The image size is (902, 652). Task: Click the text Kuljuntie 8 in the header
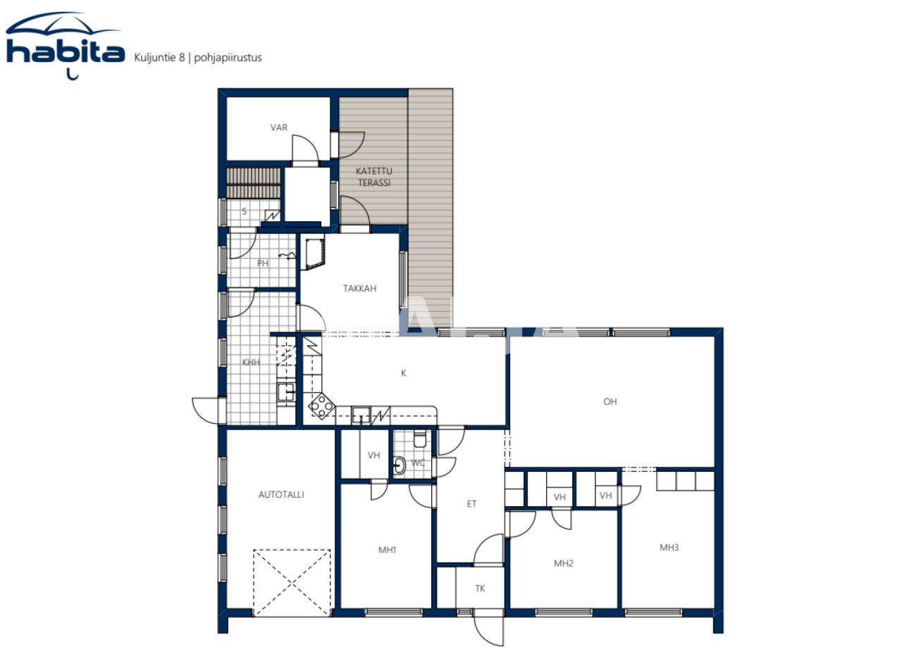tap(159, 58)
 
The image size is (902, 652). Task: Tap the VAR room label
tap(279, 127)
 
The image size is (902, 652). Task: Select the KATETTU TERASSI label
tap(373, 177)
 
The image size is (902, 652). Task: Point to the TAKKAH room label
tap(359, 288)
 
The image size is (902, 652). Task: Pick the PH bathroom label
tap(262, 264)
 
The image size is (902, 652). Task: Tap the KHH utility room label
tap(250, 363)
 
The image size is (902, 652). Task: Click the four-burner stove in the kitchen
tap(322, 406)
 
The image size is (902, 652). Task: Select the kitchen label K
tap(404, 373)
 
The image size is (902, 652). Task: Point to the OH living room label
tap(610, 401)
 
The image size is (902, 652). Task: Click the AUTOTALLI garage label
tap(280, 494)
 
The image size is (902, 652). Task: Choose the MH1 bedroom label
tap(385, 550)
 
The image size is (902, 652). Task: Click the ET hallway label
tap(471, 503)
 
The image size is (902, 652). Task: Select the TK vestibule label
tap(480, 588)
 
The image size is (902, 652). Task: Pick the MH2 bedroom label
tap(562, 563)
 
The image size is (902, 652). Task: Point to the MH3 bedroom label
tap(669, 547)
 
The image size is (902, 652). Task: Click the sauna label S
tap(245, 211)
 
